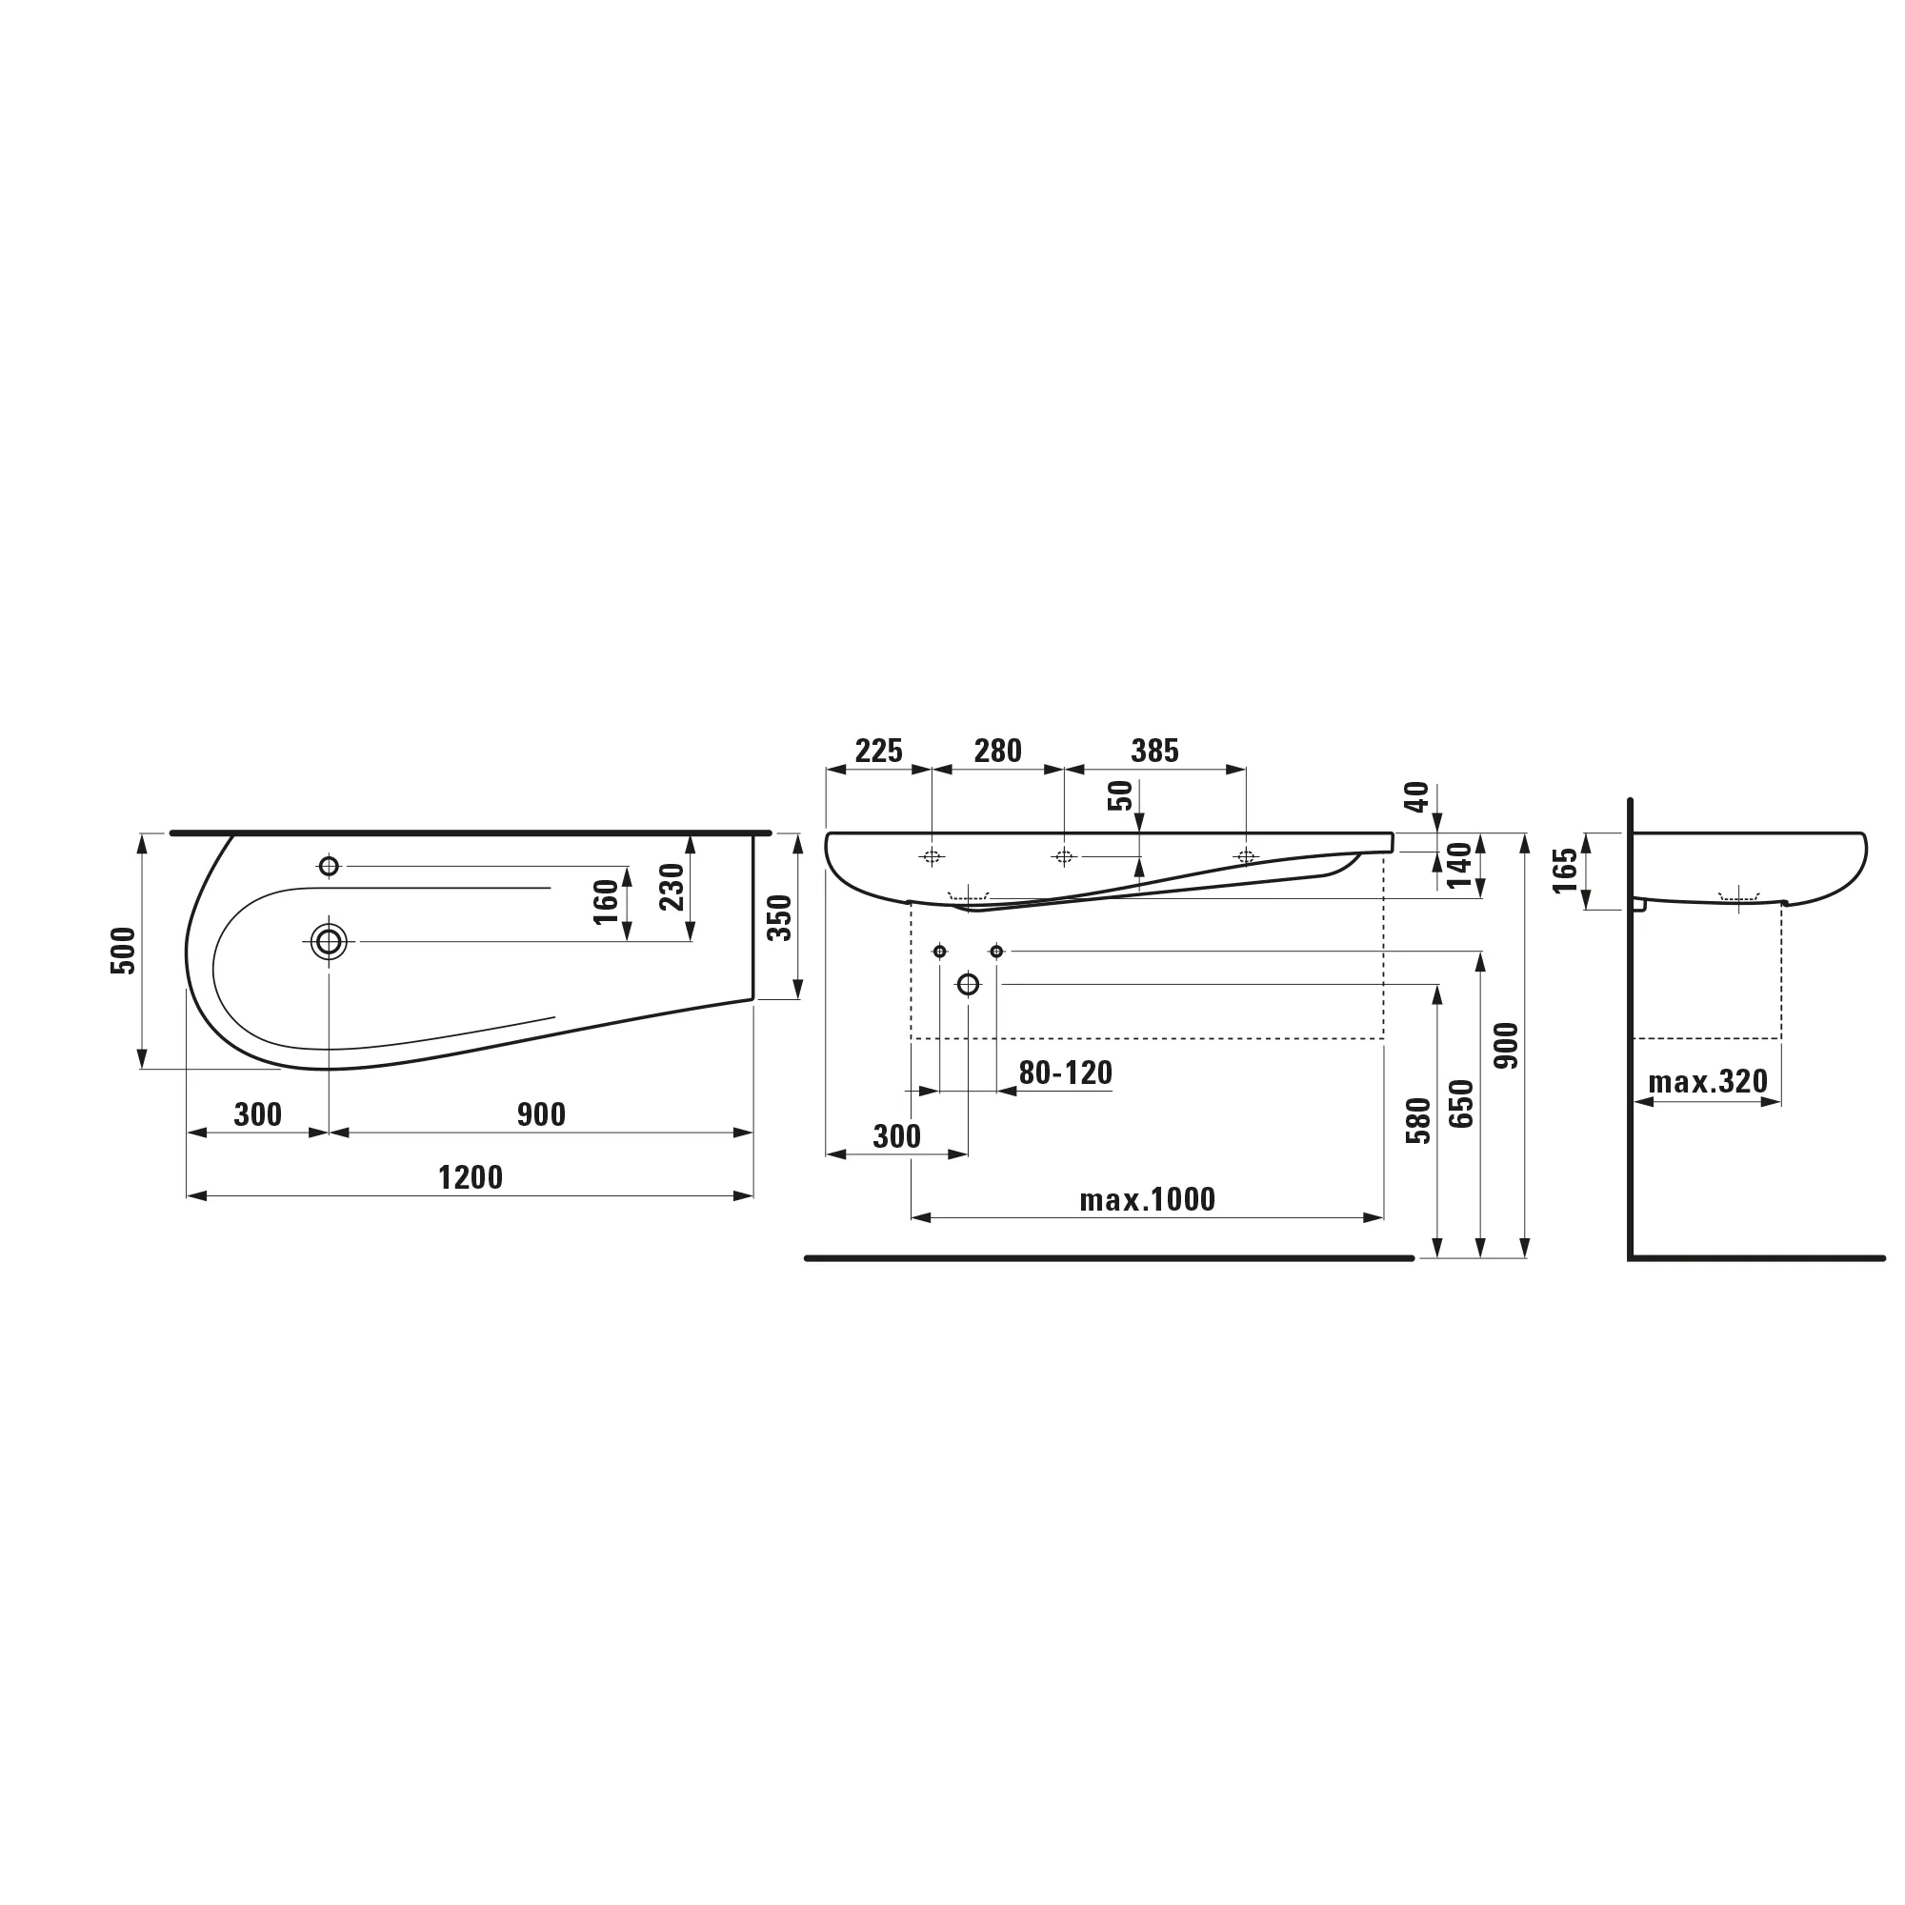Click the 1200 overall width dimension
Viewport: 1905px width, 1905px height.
(x=471, y=1177)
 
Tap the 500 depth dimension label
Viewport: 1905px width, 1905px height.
(x=123, y=951)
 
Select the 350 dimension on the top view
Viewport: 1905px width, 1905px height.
(x=779, y=917)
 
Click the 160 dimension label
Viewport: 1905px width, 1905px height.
(x=606, y=901)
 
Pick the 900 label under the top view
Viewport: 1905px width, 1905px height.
(x=541, y=1114)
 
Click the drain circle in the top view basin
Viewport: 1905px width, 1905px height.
(x=330, y=942)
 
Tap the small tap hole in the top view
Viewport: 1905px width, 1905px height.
(x=330, y=866)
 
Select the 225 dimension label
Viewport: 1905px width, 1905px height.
(x=878, y=752)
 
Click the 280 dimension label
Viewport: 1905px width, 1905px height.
(x=998, y=752)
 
